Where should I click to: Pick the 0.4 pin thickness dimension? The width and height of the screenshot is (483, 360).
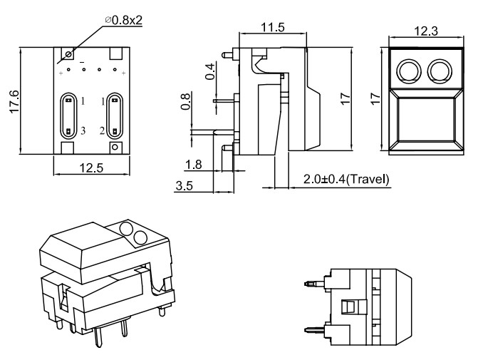[x=209, y=72]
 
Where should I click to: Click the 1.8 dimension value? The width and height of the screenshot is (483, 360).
[x=193, y=165]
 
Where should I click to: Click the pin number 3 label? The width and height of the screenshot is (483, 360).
[x=83, y=130]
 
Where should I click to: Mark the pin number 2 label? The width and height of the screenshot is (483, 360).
[x=102, y=130]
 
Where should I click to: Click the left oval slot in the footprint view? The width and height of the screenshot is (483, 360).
[x=68, y=115]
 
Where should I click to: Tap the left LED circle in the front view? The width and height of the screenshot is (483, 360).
[x=408, y=70]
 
